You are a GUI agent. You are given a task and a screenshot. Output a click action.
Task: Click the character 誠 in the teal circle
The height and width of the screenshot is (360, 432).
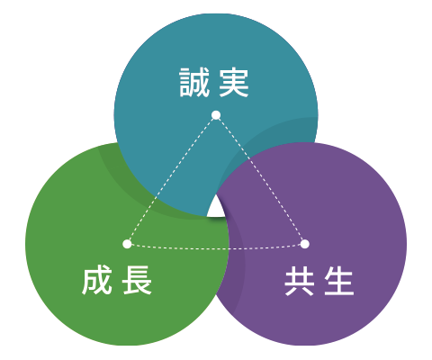tap(194, 83)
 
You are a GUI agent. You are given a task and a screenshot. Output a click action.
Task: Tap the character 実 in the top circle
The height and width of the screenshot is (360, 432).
tap(234, 83)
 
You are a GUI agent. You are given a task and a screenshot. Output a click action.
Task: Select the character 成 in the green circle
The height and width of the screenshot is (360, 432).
tap(97, 280)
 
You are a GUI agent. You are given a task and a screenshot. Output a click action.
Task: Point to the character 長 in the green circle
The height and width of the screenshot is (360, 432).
tap(137, 280)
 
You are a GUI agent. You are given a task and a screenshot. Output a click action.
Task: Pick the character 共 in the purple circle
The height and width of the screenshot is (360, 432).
tap(300, 282)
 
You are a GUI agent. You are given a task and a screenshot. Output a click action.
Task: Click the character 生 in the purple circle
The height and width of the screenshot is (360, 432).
tap(339, 282)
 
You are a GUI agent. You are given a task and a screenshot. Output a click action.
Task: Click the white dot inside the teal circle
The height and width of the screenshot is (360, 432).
tap(216, 115)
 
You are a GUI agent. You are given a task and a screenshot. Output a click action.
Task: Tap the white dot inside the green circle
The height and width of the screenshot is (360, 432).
tap(127, 244)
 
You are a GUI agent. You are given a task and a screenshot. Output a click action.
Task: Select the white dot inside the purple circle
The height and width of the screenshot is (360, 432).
tap(304, 244)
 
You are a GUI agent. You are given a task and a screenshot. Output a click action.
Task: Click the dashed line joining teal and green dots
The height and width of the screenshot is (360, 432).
tap(172, 179)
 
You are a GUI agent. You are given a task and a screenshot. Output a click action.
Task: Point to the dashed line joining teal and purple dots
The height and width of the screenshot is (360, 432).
tap(260, 179)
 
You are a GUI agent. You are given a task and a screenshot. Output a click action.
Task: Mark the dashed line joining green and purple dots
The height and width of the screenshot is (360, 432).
tap(216, 248)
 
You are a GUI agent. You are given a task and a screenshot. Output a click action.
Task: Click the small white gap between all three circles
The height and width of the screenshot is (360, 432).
tap(216, 209)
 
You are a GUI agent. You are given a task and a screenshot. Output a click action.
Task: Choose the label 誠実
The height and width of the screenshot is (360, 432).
tap(214, 83)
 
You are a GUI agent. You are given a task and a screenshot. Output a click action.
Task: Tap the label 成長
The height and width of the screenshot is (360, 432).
tap(117, 280)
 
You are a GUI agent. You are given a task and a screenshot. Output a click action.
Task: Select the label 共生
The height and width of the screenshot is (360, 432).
tap(319, 282)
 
